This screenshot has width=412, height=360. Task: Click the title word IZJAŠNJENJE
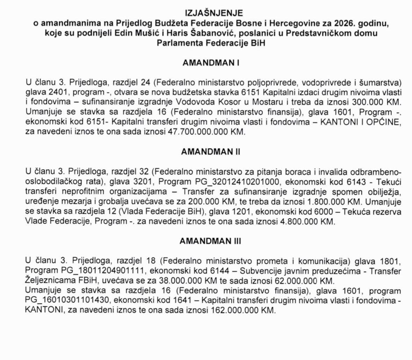tap(214, 13)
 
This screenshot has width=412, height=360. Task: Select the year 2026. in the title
tap(346, 23)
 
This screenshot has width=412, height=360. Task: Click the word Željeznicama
tap(48, 281)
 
